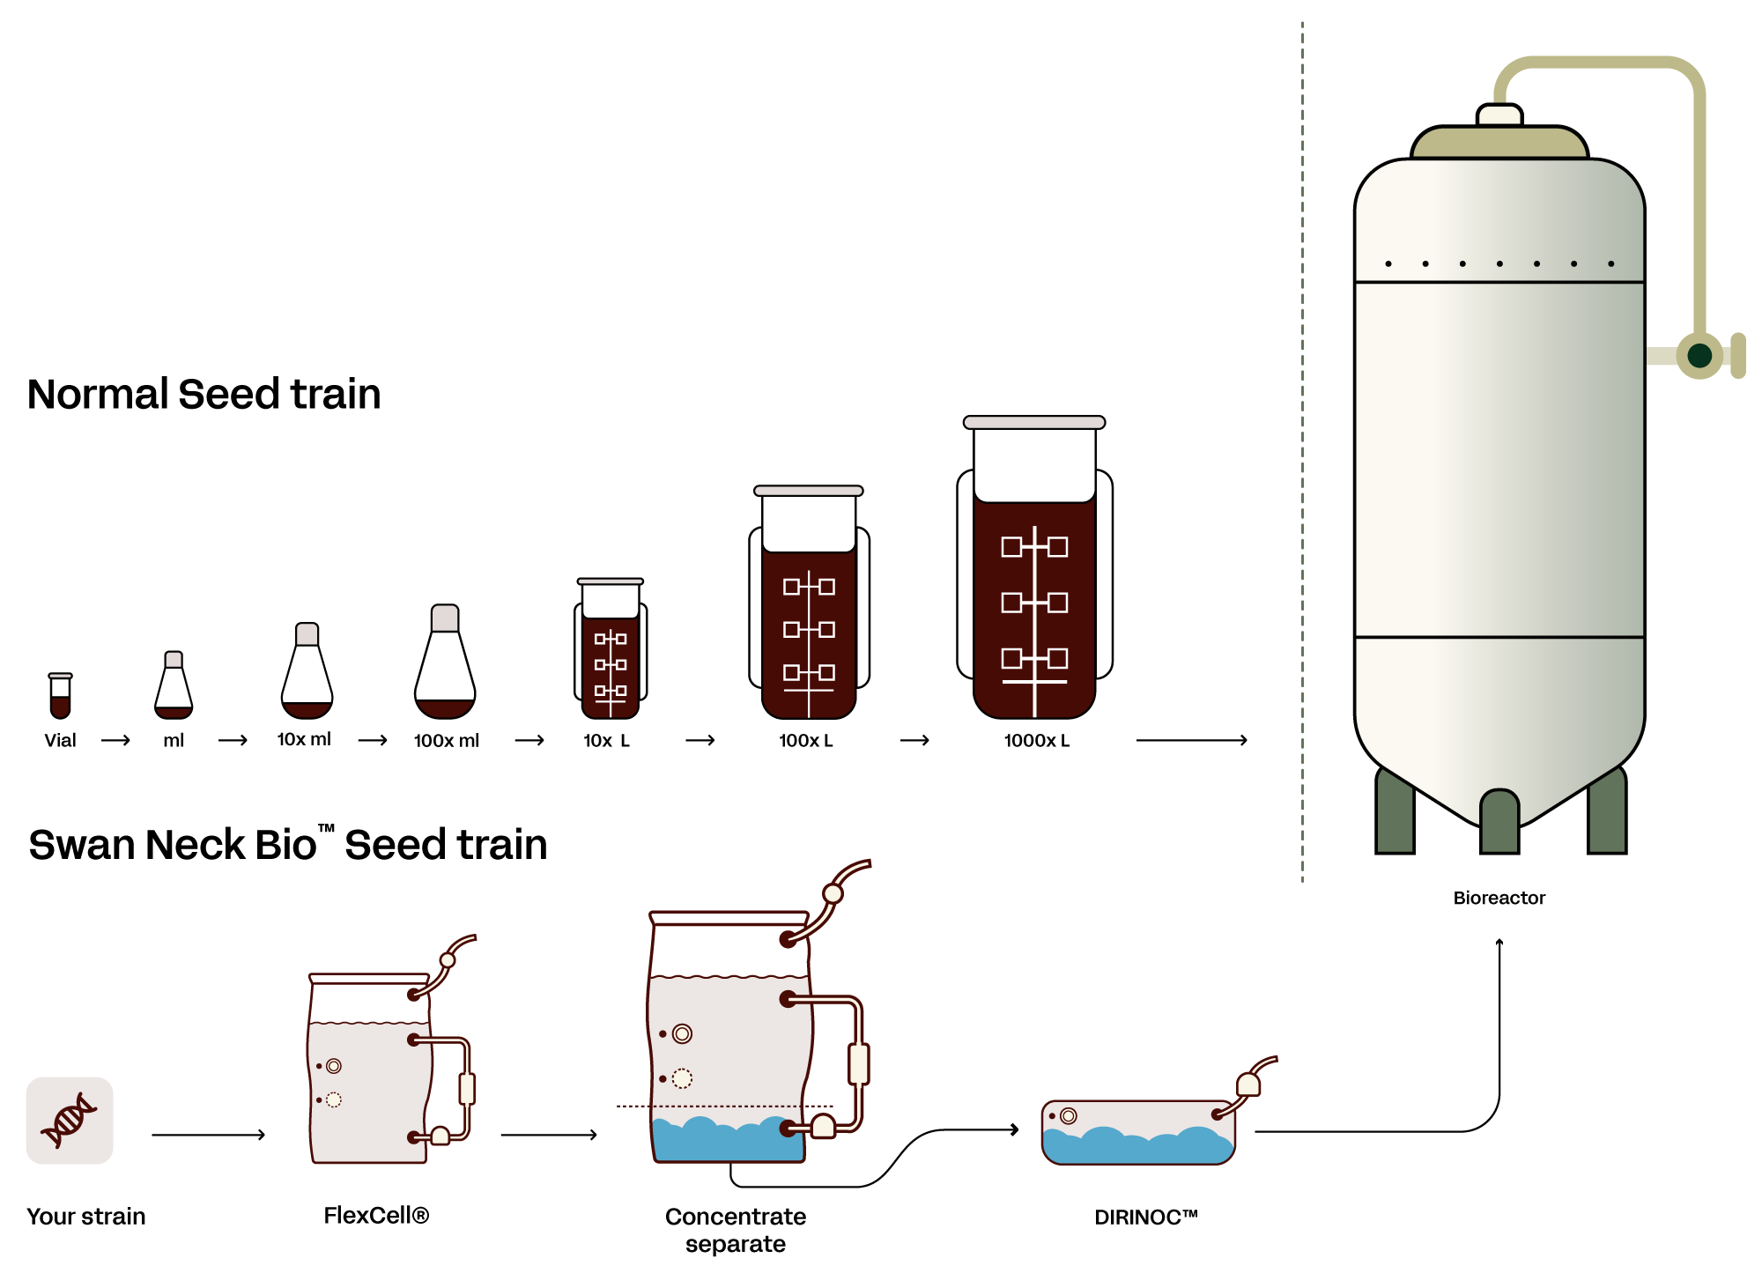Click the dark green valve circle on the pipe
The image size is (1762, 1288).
click(x=1699, y=355)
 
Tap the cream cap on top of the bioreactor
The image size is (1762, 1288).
click(x=1499, y=115)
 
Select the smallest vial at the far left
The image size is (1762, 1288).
click(x=60, y=696)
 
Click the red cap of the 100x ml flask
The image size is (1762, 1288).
click(x=445, y=618)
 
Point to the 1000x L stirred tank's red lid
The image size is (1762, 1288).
click(x=1034, y=423)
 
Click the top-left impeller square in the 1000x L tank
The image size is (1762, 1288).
click(x=1011, y=547)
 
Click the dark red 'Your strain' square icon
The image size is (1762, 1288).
click(x=70, y=1120)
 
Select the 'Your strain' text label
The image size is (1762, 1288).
click(x=86, y=1217)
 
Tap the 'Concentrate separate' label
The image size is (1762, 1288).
click(x=736, y=1230)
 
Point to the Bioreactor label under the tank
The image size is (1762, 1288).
click(x=1498, y=897)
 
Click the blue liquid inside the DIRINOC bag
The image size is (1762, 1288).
click(x=1136, y=1148)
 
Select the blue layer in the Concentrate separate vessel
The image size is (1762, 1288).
click(x=727, y=1143)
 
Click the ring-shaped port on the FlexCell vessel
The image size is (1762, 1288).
click(x=334, y=1066)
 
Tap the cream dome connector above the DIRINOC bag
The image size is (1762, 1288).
click(x=1248, y=1084)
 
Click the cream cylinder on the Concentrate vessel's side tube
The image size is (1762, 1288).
click(x=859, y=1063)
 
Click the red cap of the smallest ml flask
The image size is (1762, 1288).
click(x=174, y=659)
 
